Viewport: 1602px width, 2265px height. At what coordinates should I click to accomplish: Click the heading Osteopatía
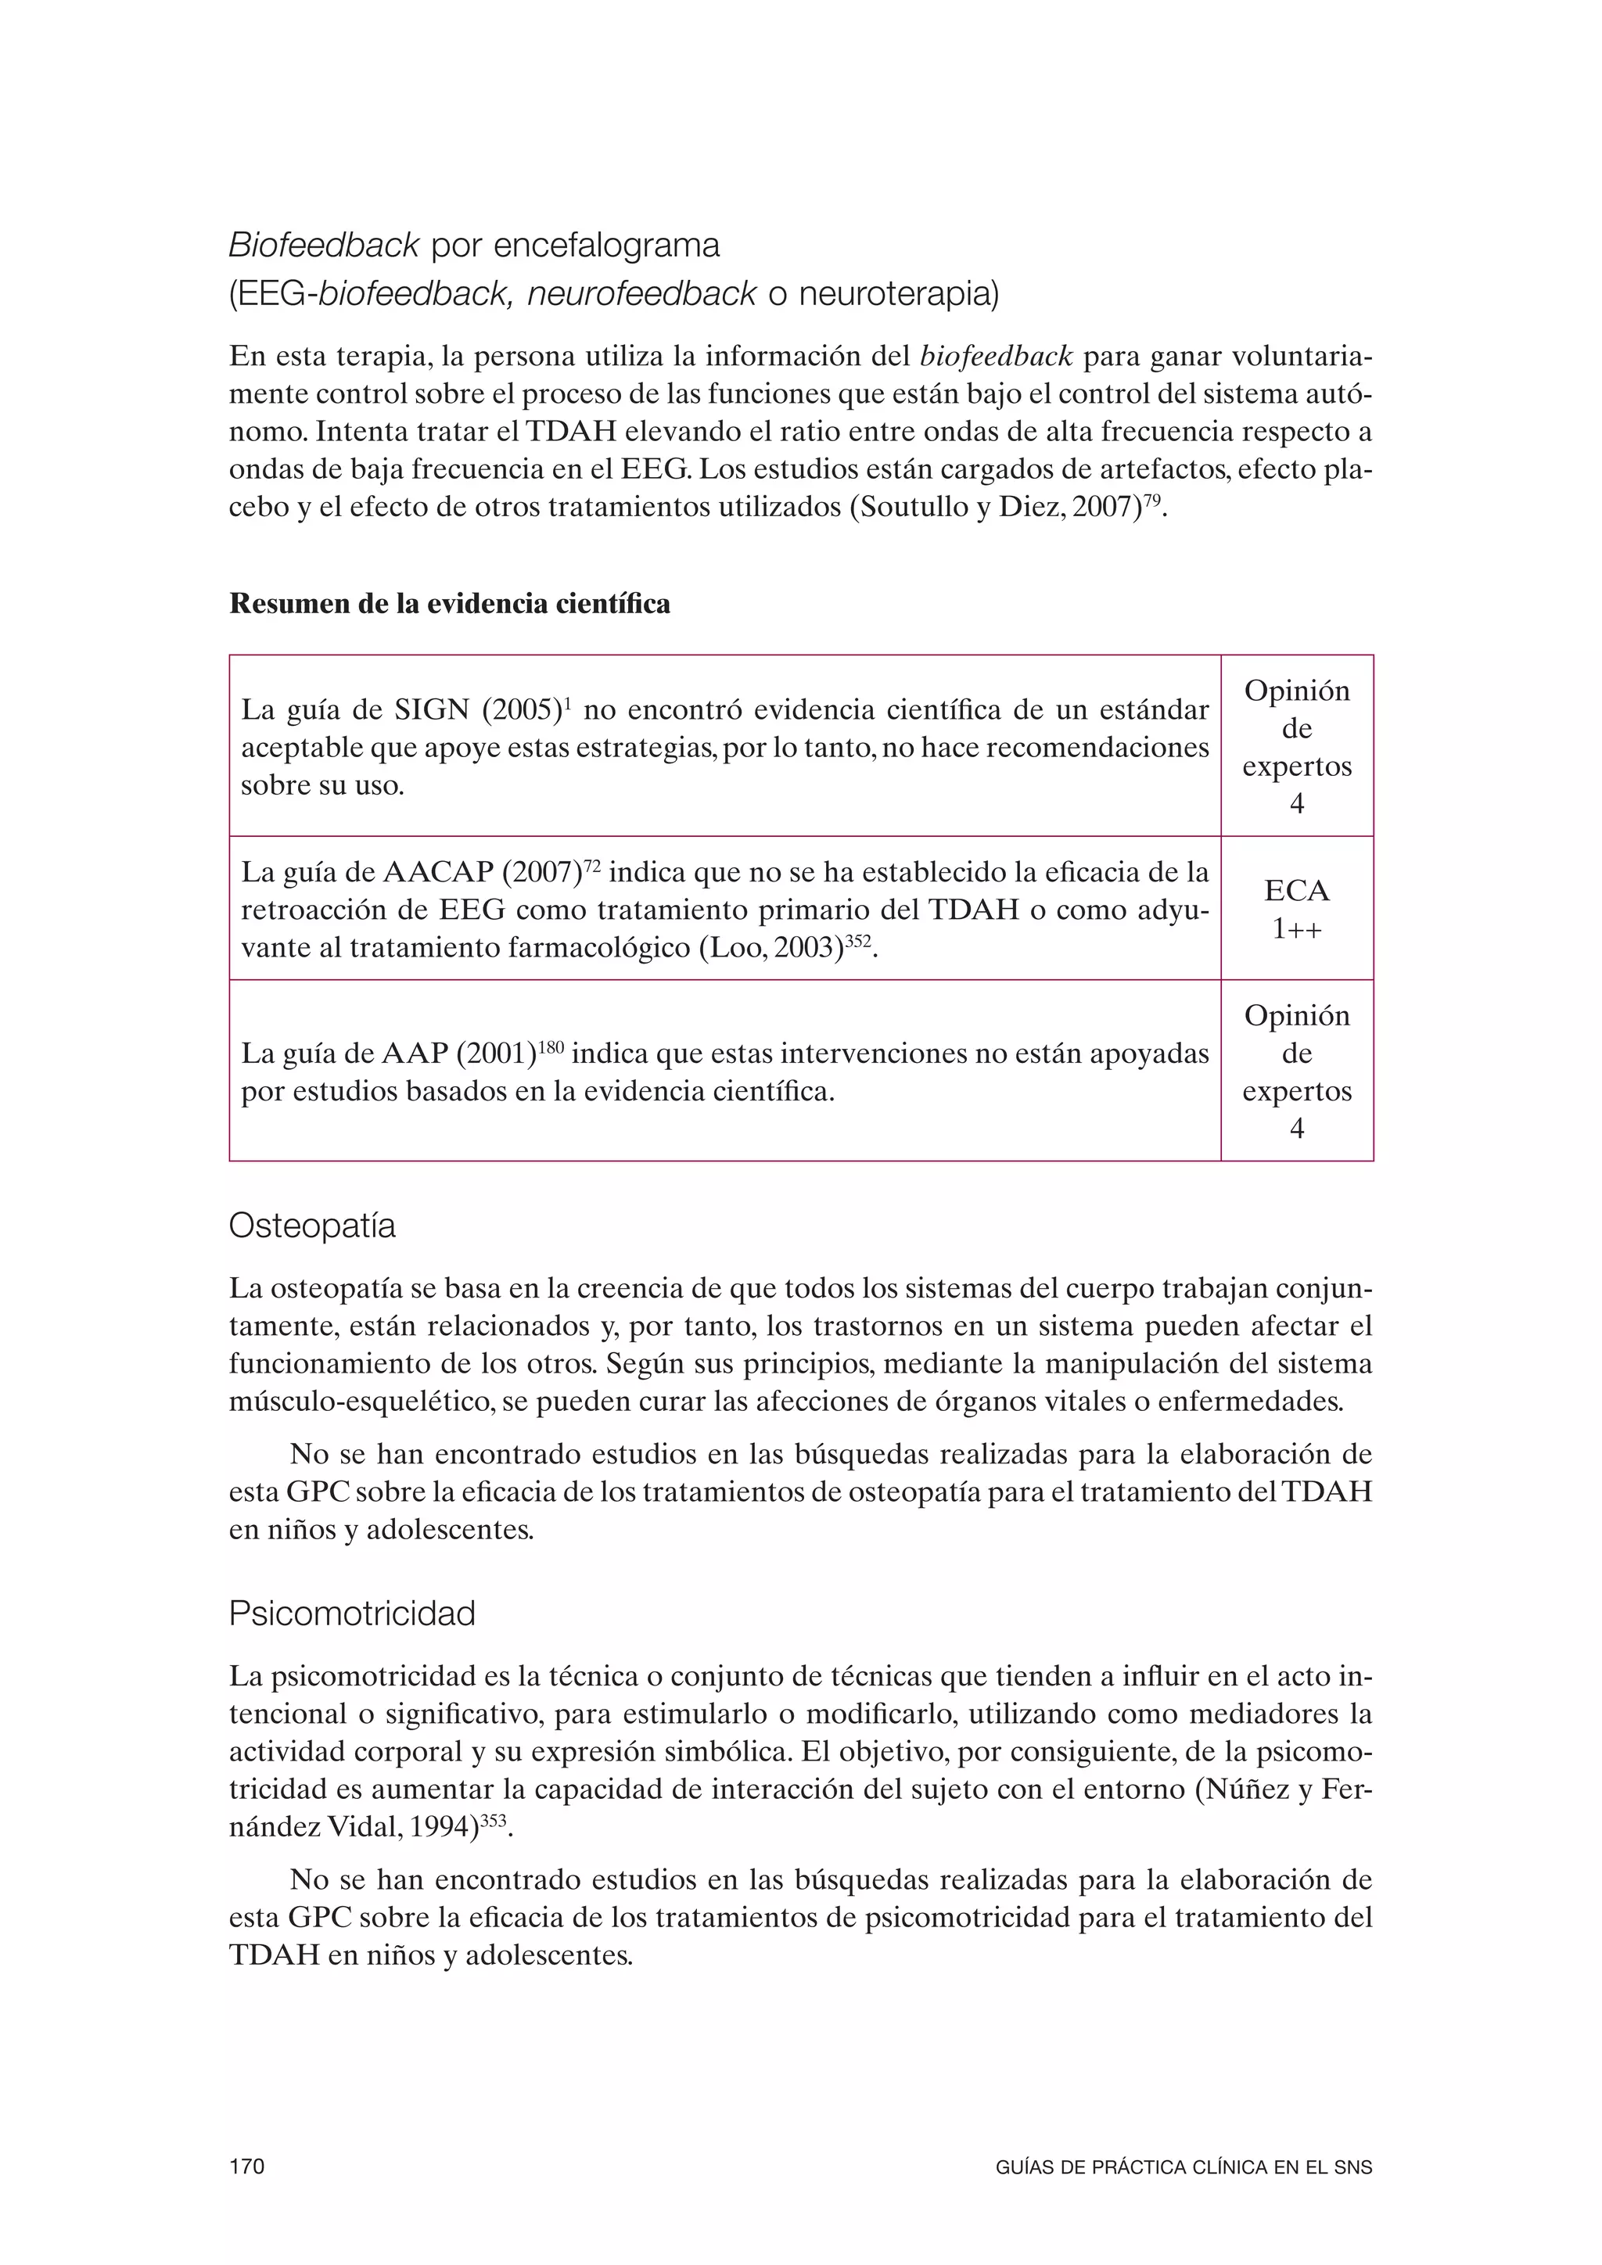[312, 1226]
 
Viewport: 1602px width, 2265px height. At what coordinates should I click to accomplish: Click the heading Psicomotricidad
[351, 1614]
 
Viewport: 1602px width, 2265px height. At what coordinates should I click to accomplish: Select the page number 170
[246, 2166]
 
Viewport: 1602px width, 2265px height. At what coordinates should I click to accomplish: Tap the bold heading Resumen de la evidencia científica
[449, 604]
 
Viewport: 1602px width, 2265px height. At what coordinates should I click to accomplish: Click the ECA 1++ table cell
[1296, 909]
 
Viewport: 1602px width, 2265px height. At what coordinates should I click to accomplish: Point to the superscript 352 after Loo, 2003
[858, 941]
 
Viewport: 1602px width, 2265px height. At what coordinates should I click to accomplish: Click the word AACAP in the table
[438, 873]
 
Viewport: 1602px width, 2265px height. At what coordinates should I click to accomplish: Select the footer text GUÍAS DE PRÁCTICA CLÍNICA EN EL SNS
[1184, 2167]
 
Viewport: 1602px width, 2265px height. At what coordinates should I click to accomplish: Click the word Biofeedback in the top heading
[324, 245]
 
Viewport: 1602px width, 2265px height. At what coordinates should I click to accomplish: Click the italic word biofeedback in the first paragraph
[995, 355]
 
